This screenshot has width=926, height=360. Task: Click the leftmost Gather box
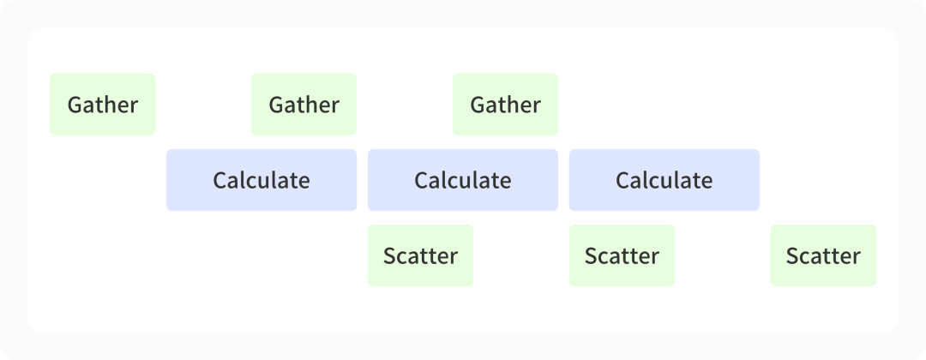click(x=102, y=105)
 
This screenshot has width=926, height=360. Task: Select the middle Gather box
click(x=304, y=105)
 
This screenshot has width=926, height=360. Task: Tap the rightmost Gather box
click(x=505, y=105)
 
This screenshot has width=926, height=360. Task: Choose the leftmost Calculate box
click(x=261, y=180)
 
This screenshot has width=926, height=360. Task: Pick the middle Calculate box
click(x=462, y=180)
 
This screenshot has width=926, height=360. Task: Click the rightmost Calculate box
click(x=664, y=180)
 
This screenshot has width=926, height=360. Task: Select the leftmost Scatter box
click(x=420, y=255)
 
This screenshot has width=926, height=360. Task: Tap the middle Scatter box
click(x=622, y=255)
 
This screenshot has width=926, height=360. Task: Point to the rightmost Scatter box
click(x=823, y=255)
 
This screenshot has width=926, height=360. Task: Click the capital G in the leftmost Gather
click(x=75, y=105)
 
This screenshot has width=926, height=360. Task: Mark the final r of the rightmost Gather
click(x=536, y=107)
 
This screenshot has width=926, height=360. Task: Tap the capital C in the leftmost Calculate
click(x=219, y=181)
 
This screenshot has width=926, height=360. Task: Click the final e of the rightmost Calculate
click(x=707, y=183)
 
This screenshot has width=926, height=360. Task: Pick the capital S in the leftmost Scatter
click(x=389, y=256)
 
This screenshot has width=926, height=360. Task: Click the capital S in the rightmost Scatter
click(x=792, y=256)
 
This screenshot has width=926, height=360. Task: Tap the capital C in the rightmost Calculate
click(x=622, y=181)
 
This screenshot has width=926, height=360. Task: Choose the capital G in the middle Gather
click(x=276, y=105)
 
